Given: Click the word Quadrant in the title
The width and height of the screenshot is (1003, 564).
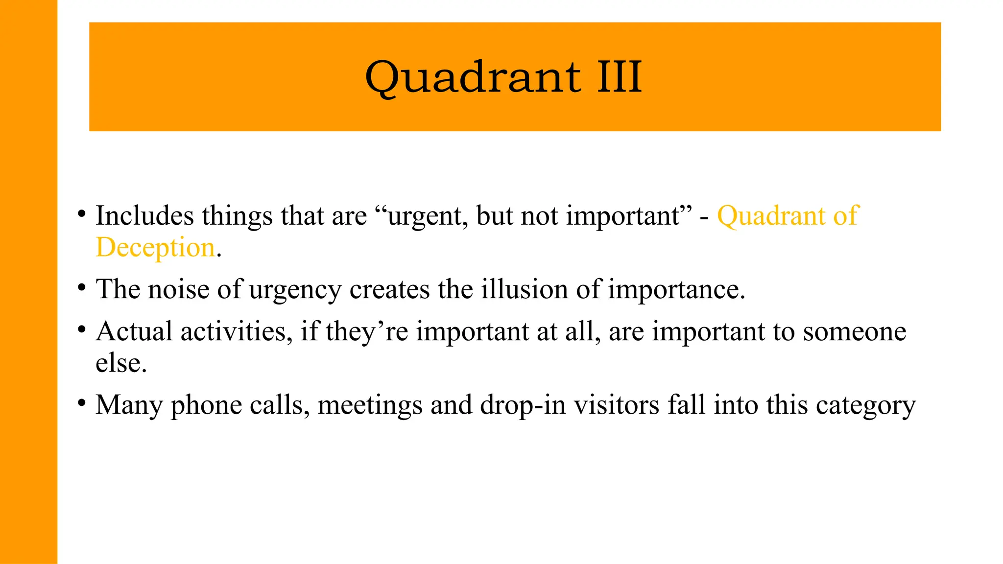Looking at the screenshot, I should (473, 77).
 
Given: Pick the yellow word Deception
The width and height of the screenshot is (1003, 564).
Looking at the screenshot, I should (155, 247).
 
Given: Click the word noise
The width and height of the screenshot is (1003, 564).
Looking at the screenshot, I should (178, 289).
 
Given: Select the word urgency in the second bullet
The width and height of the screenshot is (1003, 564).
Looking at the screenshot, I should (295, 290).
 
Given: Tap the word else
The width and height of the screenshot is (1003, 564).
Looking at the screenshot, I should (120, 363).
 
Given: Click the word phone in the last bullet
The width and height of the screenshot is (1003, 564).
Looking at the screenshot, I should (206, 406).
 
